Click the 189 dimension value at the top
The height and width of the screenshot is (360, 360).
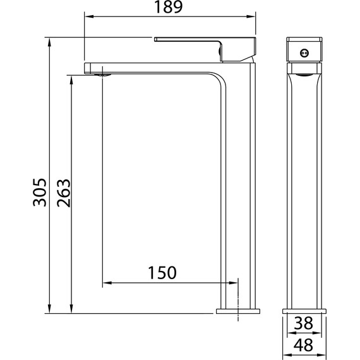(169, 8)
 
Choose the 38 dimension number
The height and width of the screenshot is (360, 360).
(304, 323)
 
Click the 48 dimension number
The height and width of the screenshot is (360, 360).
(304, 345)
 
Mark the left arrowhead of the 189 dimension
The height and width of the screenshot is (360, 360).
(88, 17)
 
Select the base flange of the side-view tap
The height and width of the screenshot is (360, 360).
(237, 311)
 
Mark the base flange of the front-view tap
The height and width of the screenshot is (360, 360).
(304, 311)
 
